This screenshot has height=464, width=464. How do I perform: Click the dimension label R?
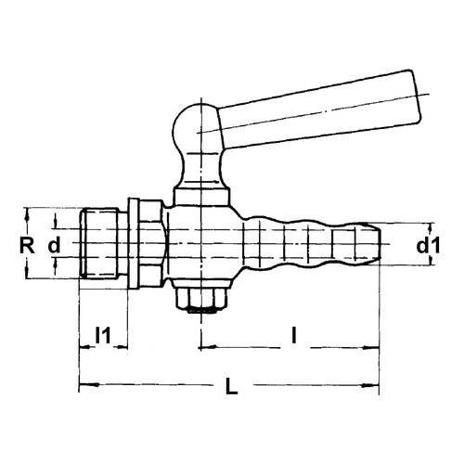(x=29, y=245)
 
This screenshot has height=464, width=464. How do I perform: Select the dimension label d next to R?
(x=55, y=246)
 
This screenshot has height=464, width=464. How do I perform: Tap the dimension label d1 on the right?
(x=428, y=245)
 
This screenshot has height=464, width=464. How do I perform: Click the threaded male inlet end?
(x=100, y=245)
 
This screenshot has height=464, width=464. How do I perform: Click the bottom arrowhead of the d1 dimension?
(x=432, y=263)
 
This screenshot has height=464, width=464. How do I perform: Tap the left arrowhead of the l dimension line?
(x=203, y=350)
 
